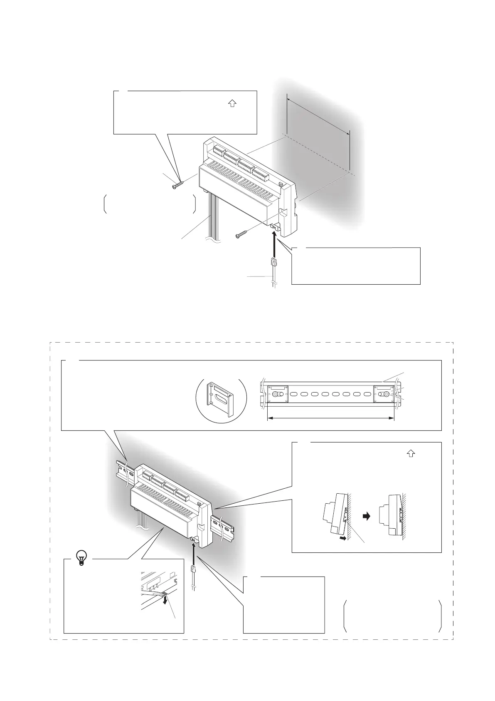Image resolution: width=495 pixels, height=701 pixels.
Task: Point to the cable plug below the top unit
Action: (x=273, y=263)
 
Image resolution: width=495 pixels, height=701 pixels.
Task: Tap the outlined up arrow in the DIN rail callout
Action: (x=411, y=455)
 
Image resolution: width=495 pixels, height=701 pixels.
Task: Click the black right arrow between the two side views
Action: (x=366, y=516)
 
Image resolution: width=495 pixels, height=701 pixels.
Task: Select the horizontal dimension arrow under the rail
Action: (x=330, y=418)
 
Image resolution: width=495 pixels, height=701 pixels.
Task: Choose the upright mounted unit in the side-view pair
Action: (x=393, y=516)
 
